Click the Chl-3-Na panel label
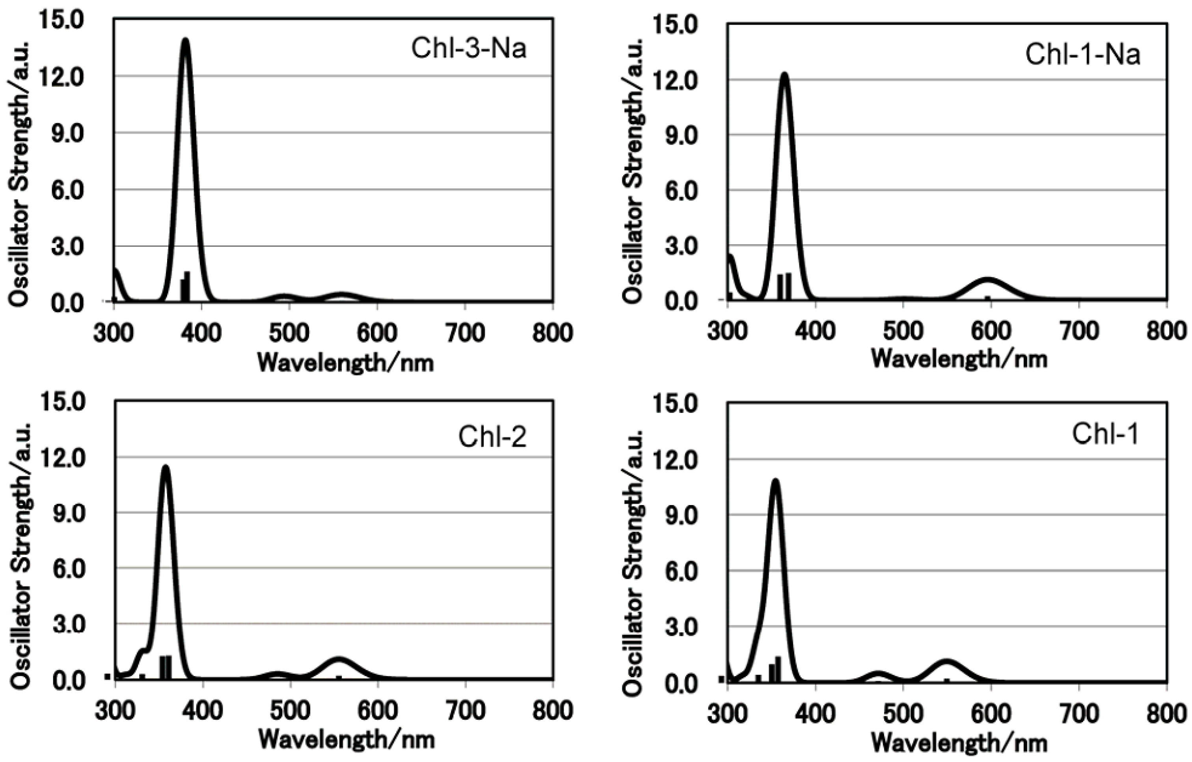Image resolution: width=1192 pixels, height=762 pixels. point(468,48)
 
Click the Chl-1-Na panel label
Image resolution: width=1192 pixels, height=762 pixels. point(1082,54)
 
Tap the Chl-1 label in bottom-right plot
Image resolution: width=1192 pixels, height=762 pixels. point(1105,435)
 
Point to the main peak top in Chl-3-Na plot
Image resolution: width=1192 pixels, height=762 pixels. point(186,39)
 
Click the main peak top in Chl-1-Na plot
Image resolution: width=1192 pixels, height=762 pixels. point(784,74)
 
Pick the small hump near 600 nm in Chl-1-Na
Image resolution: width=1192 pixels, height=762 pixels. point(987,280)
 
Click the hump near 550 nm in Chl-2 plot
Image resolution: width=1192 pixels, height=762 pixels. point(339,660)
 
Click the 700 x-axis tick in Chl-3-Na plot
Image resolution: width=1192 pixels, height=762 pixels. point(464,333)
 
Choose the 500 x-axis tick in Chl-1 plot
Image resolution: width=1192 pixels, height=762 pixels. point(903,714)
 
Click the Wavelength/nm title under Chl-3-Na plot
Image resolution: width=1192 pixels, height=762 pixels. point(346,363)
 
